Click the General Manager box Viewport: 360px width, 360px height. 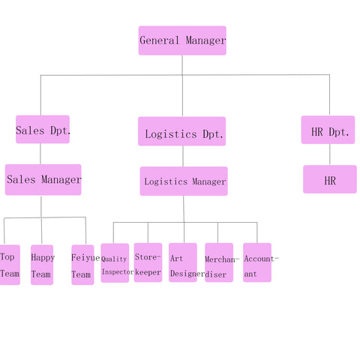[182, 40]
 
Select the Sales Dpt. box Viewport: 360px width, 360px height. [43, 129]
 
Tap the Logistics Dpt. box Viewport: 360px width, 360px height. [182, 131]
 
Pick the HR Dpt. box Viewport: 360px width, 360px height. [328, 130]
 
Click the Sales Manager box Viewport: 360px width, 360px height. [43, 180]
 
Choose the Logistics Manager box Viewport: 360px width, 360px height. [184, 181]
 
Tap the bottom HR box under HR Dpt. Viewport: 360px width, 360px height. [330, 179]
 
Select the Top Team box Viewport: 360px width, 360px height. [10, 265]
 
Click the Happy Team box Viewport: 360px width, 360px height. [42, 265]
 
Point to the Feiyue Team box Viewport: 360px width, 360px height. [82, 265]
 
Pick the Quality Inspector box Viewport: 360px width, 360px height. [115, 263]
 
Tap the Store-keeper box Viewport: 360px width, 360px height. [148, 262]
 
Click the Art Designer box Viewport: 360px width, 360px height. [183, 262]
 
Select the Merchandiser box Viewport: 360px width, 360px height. [219, 262]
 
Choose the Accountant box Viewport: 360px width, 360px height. [257, 262]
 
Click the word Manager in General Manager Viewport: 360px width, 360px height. [205, 40]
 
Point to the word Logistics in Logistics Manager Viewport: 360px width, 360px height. [166, 181]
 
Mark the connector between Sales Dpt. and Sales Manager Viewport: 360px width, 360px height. [40, 154]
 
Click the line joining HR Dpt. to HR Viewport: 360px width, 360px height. [330, 154]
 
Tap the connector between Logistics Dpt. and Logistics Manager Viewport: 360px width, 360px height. [183, 156]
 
